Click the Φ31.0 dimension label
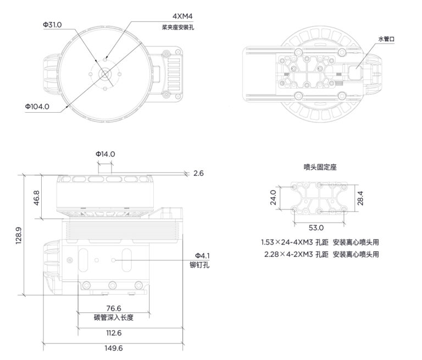pyautogui.click(x=52, y=25)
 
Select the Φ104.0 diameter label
pyautogui.click(x=37, y=107)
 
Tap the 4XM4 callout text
pyautogui.click(x=182, y=16)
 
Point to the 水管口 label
pyautogui.click(x=386, y=39)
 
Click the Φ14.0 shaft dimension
pyautogui.click(x=105, y=154)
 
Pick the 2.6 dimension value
pyautogui.click(x=198, y=173)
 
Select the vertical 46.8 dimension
pyautogui.click(x=37, y=198)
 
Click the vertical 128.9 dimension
pyautogui.click(x=19, y=236)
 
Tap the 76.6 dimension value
pyautogui.click(x=114, y=308)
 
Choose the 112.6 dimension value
pyautogui.click(x=114, y=333)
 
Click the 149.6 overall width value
pyautogui.click(x=114, y=348)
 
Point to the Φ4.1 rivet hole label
pyautogui.click(x=202, y=256)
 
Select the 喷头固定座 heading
pyautogui.click(x=320, y=167)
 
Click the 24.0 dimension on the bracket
pyautogui.click(x=273, y=197)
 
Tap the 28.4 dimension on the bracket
pyautogui.click(x=360, y=198)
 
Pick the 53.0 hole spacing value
pyautogui.click(x=316, y=228)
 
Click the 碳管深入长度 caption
pyautogui.click(x=114, y=318)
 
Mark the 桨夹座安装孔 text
pyautogui.click(x=177, y=27)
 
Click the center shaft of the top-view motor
pyautogui.click(x=104, y=74)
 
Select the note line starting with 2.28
pyautogui.click(x=321, y=254)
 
